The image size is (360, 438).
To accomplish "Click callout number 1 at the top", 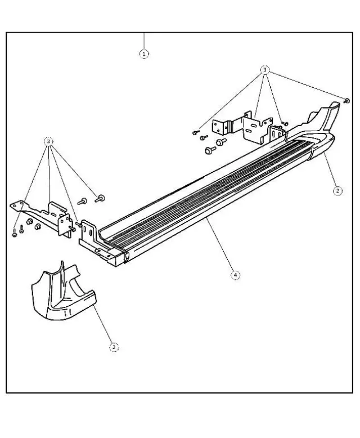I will tap(145, 54).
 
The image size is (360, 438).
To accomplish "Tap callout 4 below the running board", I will tap(235, 275).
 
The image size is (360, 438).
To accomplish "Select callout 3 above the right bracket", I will tap(265, 70).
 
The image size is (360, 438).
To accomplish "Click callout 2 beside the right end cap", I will tap(337, 191).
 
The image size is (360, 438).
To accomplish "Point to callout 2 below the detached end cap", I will tap(114, 347).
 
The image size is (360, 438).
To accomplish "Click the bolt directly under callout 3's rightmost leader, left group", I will tap(101, 198).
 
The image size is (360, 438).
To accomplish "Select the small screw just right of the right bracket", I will tap(285, 122).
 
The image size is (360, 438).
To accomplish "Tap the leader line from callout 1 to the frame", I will tap(145, 41).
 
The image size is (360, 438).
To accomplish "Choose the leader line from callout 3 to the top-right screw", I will tap(307, 85).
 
